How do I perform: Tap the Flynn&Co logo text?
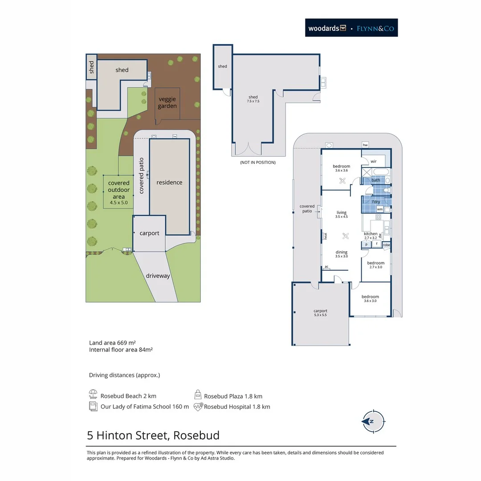coord(375,29)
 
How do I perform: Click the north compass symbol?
coord(373,421)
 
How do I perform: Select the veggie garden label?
coord(167,102)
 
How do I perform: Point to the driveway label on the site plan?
coord(158,276)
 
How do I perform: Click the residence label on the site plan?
coord(169,182)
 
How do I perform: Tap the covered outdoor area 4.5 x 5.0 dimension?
coord(119,203)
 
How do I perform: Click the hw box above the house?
coord(365,145)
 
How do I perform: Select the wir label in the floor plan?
coord(373,161)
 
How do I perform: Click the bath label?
coord(376,180)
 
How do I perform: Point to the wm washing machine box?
coord(380,209)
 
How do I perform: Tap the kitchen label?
coord(371,234)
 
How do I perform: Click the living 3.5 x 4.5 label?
coord(342,214)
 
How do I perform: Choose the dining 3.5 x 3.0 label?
coord(342,254)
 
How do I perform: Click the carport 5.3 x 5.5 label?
coord(320,313)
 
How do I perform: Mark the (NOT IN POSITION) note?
coord(258,162)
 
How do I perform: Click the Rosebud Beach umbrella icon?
coord(93,394)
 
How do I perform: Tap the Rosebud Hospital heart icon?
coord(198,407)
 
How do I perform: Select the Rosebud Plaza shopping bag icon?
coord(198,395)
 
